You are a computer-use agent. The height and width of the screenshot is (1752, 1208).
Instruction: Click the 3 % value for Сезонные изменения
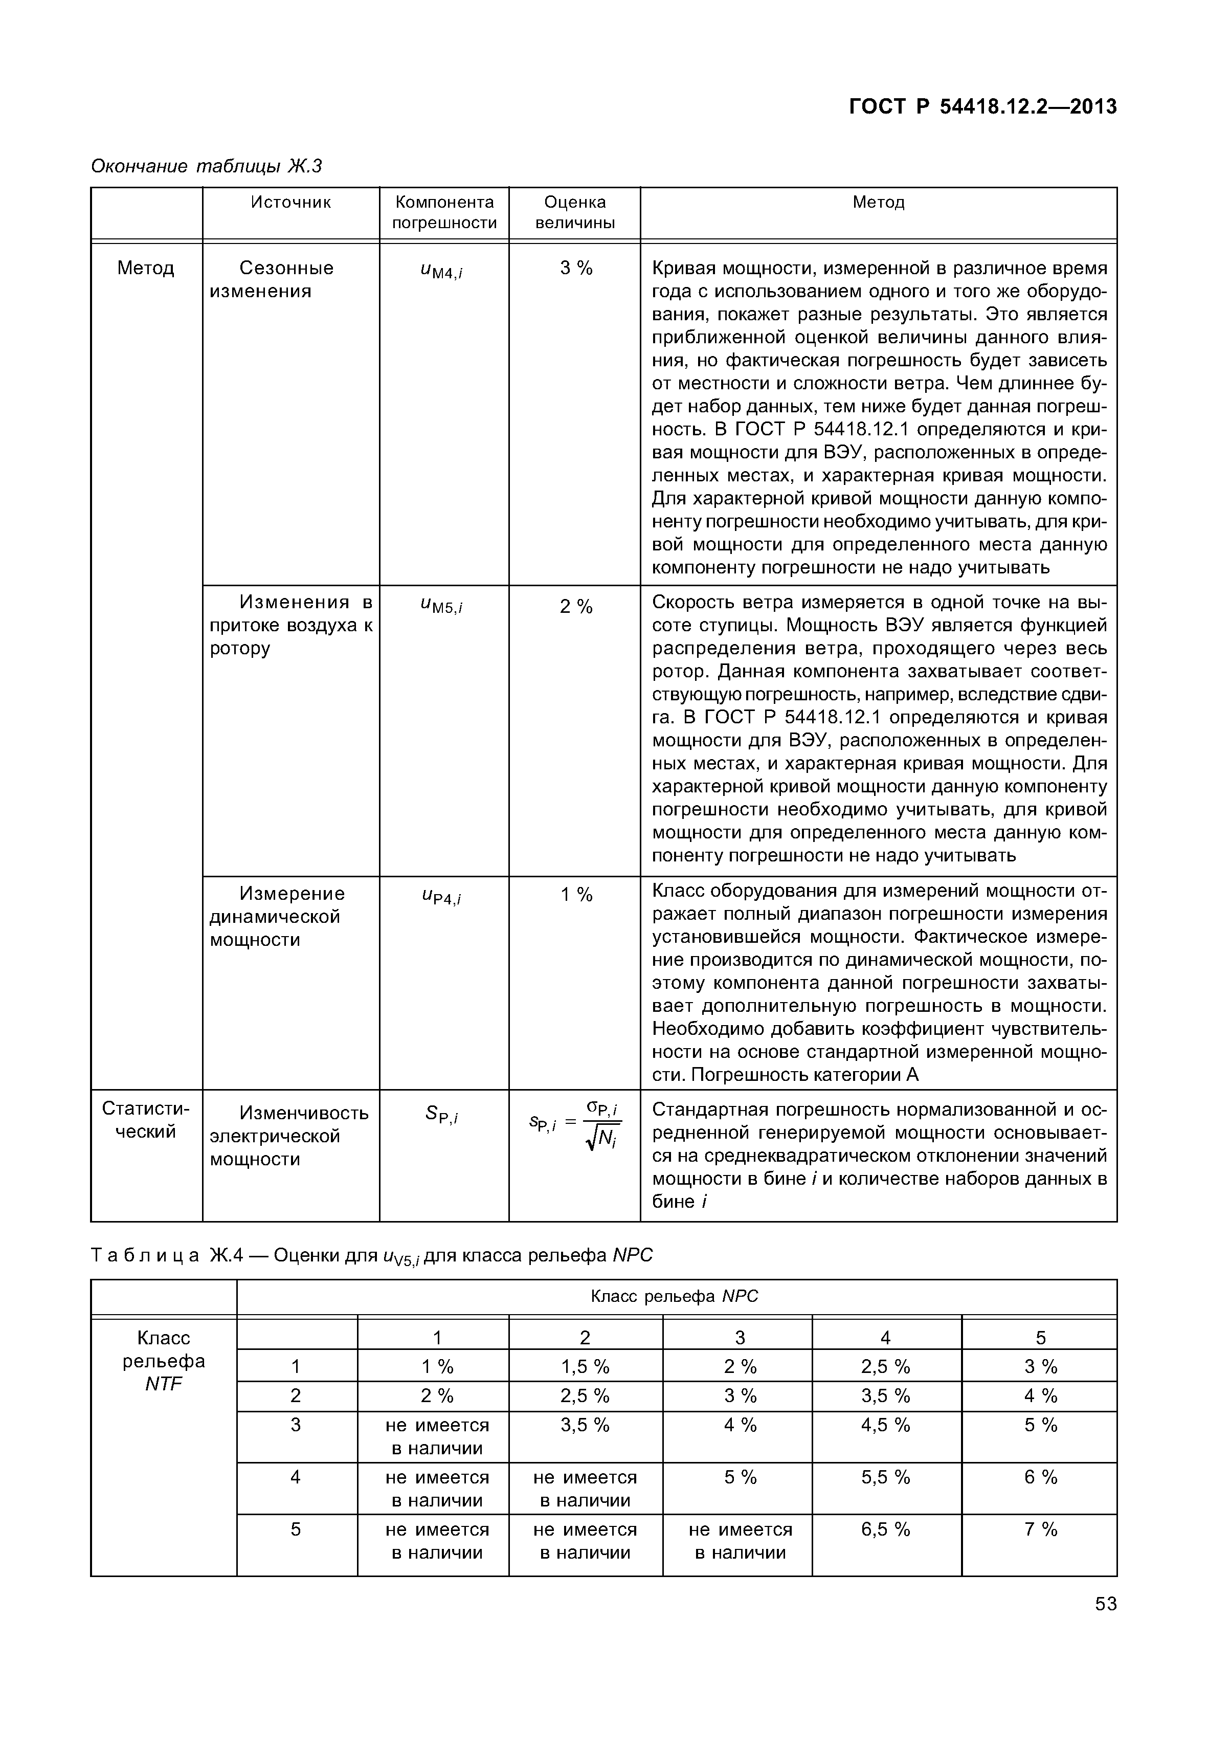pyautogui.click(x=576, y=268)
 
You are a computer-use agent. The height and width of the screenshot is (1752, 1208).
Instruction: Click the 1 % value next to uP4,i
pyautogui.click(x=576, y=895)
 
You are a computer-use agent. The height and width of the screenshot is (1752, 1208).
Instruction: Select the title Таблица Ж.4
pyautogui.click(x=371, y=1256)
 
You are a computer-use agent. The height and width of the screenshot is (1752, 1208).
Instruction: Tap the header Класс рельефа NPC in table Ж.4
pyautogui.click(x=674, y=1297)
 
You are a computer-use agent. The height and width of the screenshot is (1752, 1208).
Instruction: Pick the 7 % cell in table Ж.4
pyautogui.click(x=1040, y=1530)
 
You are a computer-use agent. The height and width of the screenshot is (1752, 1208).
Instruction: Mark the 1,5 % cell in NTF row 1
pyautogui.click(x=585, y=1367)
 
